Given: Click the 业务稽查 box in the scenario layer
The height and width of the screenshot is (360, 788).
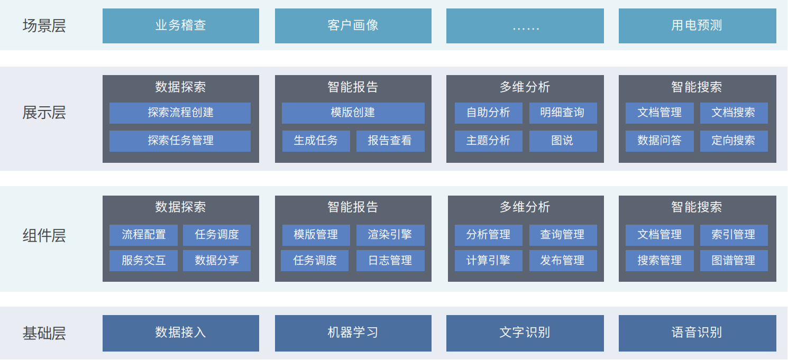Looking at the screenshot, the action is (x=181, y=26).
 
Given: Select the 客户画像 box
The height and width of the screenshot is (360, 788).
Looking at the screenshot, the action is (x=353, y=26).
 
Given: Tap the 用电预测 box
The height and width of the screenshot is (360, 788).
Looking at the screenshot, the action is (x=698, y=26).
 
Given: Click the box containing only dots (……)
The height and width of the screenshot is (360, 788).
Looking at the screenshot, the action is (x=525, y=26).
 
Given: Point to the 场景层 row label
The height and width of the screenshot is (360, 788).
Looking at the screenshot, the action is (x=44, y=26).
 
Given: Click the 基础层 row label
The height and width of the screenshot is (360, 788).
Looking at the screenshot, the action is (x=44, y=333).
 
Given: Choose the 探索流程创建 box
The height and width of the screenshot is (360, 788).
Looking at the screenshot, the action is (x=180, y=113).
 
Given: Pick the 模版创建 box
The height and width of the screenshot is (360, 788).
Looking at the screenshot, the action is (x=353, y=113).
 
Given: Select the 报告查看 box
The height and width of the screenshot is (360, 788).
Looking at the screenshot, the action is (x=390, y=141).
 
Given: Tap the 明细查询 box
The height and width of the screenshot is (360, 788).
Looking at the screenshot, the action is (x=563, y=113).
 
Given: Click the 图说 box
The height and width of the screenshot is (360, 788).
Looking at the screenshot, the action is (x=563, y=141).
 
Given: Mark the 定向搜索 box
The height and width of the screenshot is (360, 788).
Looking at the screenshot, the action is (x=734, y=141).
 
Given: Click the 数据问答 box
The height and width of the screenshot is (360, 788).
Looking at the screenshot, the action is (x=659, y=141).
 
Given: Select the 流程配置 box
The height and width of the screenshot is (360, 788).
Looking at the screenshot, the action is (x=143, y=235).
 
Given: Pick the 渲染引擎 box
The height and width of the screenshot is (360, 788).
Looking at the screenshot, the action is (x=390, y=235).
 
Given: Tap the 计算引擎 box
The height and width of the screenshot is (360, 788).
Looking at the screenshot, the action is (x=489, y=261).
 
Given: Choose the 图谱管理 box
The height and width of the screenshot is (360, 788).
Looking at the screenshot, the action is (x=734, y=261).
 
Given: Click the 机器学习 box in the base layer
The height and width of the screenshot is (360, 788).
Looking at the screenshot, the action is (x=353, y=333).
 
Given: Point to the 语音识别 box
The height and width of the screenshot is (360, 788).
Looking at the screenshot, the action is (x=698, y=333).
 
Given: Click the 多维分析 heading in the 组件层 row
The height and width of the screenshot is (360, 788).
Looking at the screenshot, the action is (x=525, y=207).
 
